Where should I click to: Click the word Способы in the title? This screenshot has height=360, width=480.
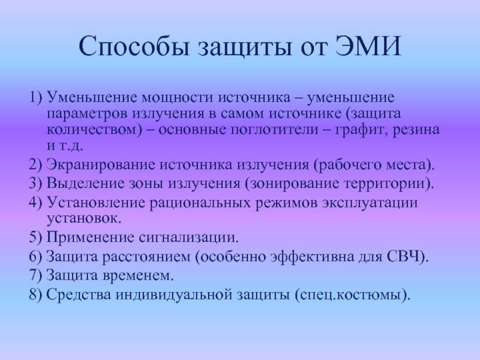pyautogui.click(x=134, y=47)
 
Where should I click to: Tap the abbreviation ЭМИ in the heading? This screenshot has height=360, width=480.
pyautogui.click(x=368, y=46)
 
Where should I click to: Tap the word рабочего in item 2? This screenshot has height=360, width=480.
pyautogui.click(x=349, y=164)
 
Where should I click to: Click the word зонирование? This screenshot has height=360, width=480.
pyautogui.click(x=294, y=184)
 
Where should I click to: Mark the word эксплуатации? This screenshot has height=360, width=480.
pyautogui.click(x=370, y=203)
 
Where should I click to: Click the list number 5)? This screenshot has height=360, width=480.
pyautogui.click(x=35, y=237)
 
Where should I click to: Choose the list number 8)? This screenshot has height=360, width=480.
pyautogui.click(x=35, y=295)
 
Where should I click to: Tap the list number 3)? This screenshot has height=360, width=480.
pyautogui.click(x=35, y=184)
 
